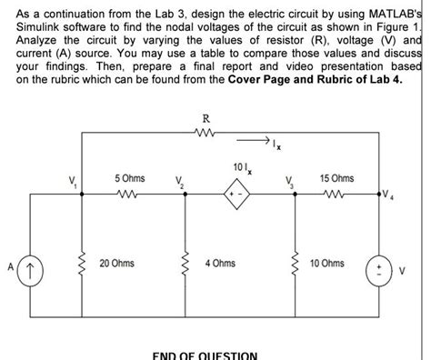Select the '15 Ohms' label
tap(337, 178)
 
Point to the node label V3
tap(289, 182)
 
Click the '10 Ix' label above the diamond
tap(239, 167)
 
